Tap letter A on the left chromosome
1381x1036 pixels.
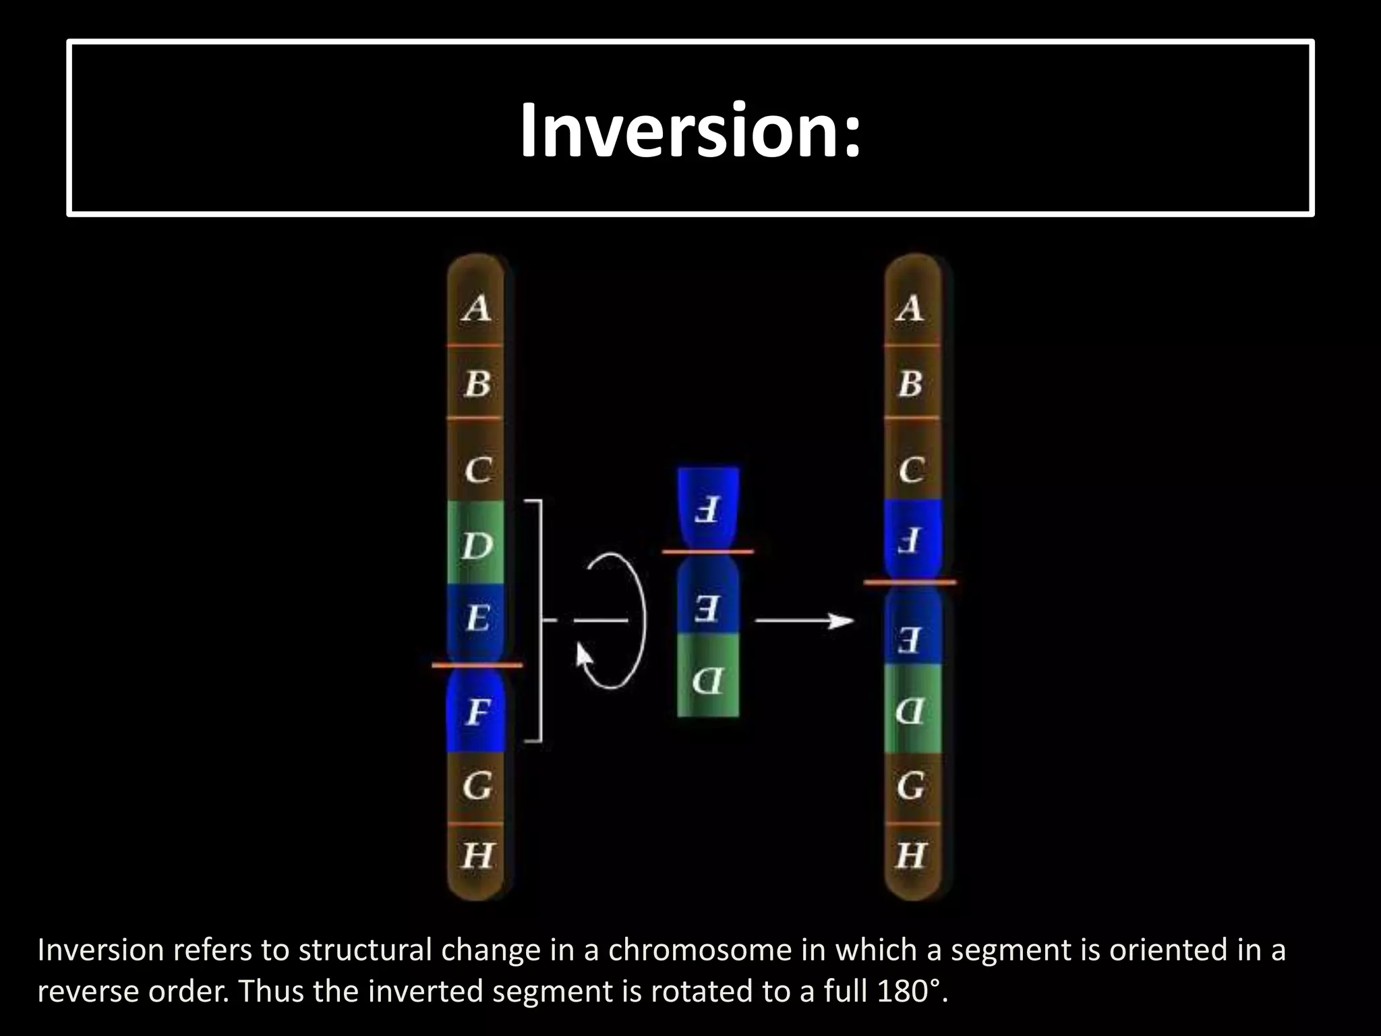click(x=477, y=308)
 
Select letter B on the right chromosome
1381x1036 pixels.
click(x=910, y=383)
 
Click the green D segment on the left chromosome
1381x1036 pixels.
click(x=476, y=545)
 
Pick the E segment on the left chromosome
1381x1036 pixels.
click(x=477, y=618)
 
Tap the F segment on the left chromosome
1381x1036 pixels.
click(x=477, y=712)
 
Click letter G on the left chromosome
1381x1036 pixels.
click(x=477, y=786)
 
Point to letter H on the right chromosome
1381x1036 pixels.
click(x=910, y=855)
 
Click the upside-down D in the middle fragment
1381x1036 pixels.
click(x=707, y=681)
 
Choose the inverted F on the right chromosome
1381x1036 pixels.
click(x=910, y=540)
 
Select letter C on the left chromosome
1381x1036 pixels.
click(x=477, y=469)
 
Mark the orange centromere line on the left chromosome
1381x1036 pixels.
click(x=477, y=665)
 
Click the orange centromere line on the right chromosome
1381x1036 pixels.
click(x=910, y=581)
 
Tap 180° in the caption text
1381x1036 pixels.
click(x=912, y=991)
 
